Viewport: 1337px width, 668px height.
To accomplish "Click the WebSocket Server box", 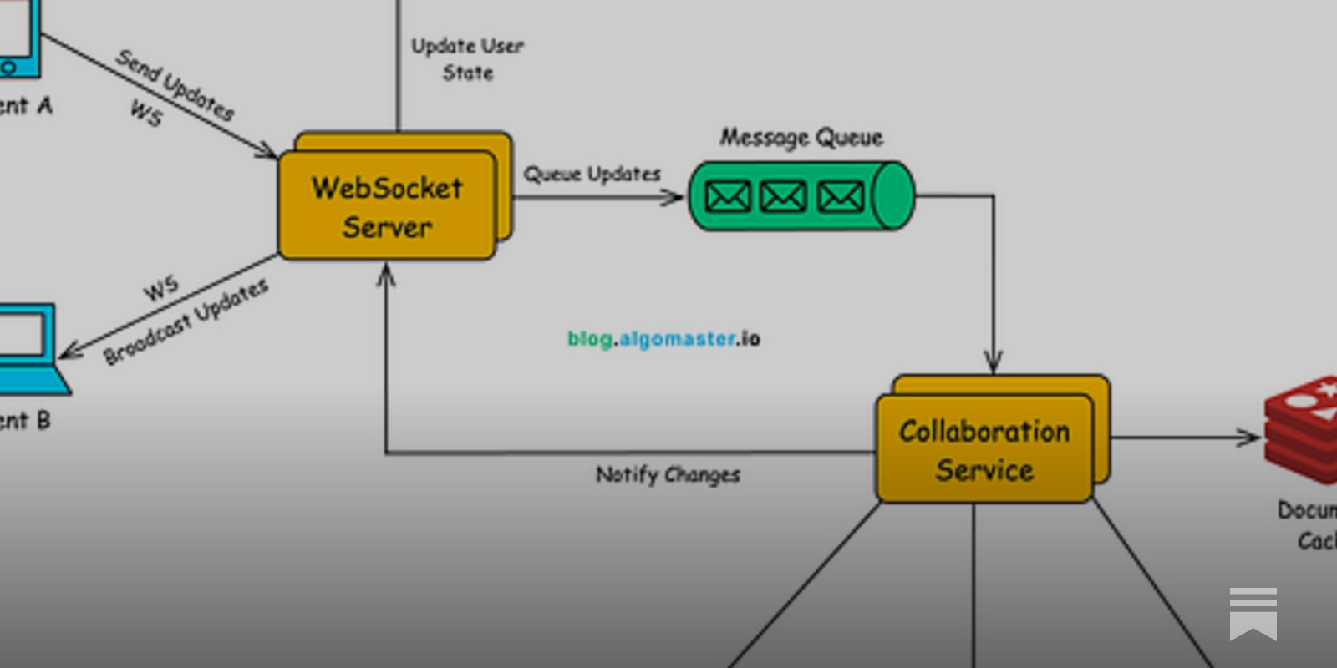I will (387, 205).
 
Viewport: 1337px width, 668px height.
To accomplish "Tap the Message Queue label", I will (801, 137).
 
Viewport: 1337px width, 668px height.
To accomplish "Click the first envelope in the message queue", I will (728, 197).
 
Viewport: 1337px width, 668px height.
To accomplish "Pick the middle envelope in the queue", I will (784, 197).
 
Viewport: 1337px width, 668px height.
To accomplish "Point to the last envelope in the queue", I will (840, 197).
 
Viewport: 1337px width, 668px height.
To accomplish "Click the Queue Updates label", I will (592, 175).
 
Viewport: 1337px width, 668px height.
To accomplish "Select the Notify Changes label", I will (668, 474).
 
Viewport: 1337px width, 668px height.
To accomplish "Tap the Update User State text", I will (468, 59).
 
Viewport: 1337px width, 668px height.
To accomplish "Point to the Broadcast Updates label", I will (186, 322).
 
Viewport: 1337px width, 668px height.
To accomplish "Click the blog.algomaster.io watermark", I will (663, 339).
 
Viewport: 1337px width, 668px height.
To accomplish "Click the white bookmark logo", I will (1253, 614).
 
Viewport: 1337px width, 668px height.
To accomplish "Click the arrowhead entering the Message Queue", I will (674, 198).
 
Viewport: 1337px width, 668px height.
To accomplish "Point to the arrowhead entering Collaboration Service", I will (993, 362).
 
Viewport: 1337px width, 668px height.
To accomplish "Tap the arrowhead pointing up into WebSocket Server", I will (385, 274).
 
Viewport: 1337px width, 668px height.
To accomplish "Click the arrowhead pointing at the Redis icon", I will (1251, 437).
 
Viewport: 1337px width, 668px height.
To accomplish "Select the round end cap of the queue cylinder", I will (892, 196).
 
